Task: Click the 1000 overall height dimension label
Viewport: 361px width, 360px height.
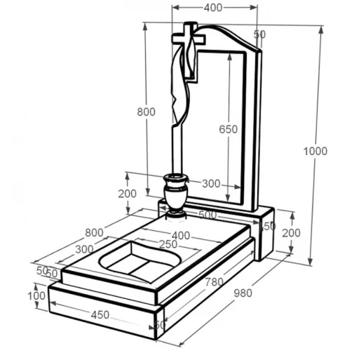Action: (x=315, y=151)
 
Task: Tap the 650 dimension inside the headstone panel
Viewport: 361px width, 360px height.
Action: (x=228, y=129)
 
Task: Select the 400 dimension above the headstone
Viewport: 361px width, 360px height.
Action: (x=213, y=8)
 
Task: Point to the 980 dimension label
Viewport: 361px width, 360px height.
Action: (x=243, y=293)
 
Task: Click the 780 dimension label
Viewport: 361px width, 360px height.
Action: (x=214, y=282)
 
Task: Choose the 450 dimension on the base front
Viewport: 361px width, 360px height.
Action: (x=100, y=315)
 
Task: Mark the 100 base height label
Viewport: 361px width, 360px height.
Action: (x=36, y=296)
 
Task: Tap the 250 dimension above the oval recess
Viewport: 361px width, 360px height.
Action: (x=168, y=244)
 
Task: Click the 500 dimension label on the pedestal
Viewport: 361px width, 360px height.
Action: (x=207, y=215)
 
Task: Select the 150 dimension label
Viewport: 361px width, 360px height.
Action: (x=268, y=226)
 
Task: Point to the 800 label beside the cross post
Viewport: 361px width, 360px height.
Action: (x=146, y=112)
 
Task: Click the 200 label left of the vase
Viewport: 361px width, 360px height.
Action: (x=127, y=194)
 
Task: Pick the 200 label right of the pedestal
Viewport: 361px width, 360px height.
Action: (x=291, y=233)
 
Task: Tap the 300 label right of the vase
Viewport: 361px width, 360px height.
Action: (x=211, y=184)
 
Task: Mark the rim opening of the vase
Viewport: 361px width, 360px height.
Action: (x=176, y=177)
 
